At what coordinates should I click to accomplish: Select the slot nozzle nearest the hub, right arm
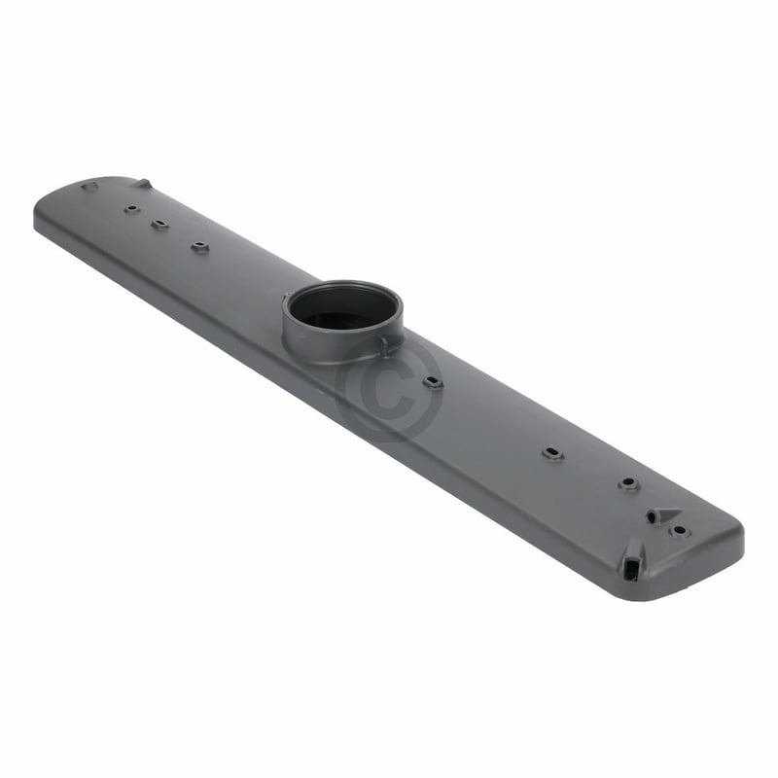tap(433, 381)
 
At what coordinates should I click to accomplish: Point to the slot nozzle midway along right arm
tap(552, 454)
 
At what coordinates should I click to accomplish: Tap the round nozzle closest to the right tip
tap(680, 531)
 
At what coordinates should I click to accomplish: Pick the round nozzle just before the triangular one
tap(628, 483)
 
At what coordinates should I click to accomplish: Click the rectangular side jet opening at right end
tap(635, 561)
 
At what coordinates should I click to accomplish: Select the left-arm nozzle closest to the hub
tap(199, 247)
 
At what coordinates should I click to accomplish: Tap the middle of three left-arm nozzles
tap(159, 225)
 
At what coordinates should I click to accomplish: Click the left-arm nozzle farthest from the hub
tap(130, 208)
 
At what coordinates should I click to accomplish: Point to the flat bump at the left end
tap(88, 185)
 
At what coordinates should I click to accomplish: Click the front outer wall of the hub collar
tap(331, 342)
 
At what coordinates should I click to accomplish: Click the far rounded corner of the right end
tap(736, 530)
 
